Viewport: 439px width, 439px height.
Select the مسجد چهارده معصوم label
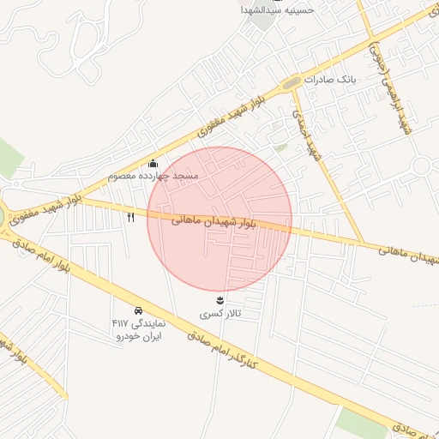(153, 176)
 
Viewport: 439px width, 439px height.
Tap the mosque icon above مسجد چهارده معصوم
(153, 163)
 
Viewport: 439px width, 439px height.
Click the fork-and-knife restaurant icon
(131, 217)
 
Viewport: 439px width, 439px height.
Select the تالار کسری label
(220, 314)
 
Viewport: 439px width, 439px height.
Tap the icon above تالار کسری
(220, 299)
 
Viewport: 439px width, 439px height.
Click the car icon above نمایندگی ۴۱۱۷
(138, 310)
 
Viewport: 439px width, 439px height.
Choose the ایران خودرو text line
(139, 335)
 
